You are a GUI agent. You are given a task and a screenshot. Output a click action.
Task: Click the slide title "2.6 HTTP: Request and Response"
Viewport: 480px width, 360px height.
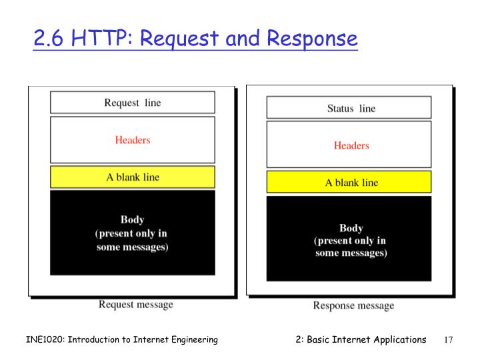tap(195, 39)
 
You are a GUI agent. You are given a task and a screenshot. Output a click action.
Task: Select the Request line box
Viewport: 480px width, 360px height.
tap(133, 103)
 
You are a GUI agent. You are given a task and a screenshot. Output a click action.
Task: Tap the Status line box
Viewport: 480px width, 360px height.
tap(349, 108)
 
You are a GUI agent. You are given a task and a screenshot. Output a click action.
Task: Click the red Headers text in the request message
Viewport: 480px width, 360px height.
tap(133, 140)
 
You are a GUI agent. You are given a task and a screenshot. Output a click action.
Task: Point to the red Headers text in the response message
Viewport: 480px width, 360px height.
tap(351, 145)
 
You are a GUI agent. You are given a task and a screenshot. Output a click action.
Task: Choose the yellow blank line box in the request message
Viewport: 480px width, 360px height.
tap(133, 177)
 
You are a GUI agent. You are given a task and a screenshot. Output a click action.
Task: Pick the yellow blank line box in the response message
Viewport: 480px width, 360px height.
tap(349, 183)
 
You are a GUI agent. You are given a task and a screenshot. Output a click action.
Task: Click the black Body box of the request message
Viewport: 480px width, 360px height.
tap(133, 233)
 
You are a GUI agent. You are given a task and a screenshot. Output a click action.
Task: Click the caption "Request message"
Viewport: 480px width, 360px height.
tap(136, 305)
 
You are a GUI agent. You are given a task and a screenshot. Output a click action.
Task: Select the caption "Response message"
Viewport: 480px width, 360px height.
tap(353, 306)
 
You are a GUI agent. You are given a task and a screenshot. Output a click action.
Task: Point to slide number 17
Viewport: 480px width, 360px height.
tap(448, 340)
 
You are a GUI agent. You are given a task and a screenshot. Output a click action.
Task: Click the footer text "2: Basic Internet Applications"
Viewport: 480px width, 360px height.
tap(361, 339)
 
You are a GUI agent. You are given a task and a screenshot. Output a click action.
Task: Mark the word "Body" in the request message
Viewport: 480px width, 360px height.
tap(132, 219)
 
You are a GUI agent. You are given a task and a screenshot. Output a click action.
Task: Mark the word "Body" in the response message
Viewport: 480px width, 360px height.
tap(351, 228)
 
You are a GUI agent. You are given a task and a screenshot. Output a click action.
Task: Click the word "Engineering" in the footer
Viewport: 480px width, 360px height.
tap(193, 340)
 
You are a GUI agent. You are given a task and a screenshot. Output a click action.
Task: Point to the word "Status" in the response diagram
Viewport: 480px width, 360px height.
tap(341, 108)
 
